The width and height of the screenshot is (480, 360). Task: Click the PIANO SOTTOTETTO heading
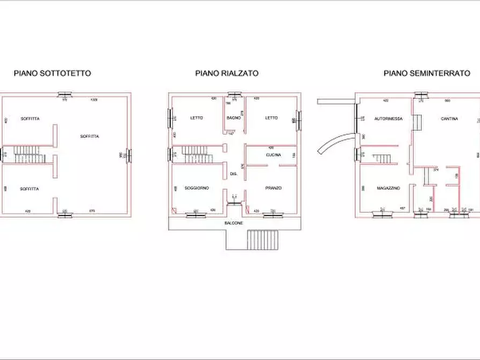pos(52,73)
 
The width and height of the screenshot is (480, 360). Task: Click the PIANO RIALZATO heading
pos(227,73)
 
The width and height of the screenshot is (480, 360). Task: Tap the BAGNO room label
pos(233,118)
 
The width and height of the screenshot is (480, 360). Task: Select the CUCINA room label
pos(273,155)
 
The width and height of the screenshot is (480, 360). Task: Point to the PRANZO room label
pos(273,188)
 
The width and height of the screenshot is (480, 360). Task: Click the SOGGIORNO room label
pos(196,188)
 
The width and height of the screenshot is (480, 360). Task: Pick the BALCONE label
pos(234,222)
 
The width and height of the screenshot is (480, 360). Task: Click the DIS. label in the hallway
pos(234,174)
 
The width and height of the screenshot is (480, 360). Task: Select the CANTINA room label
pos(449,119)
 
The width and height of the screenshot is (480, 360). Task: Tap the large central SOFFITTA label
pos(89,136)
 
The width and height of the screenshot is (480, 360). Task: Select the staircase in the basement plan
pos(384,159)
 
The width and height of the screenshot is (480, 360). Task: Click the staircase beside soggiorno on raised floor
pos(198,154)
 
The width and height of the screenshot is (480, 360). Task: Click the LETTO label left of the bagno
pos(196,118)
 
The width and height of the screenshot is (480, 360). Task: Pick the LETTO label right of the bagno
pos(271,118)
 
